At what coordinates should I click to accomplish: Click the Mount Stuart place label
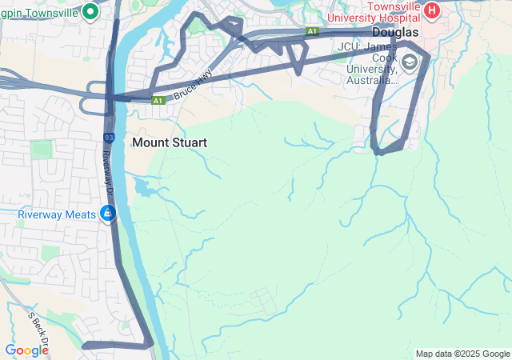170,142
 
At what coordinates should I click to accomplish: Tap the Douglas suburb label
395,32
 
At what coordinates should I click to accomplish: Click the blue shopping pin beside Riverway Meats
107,214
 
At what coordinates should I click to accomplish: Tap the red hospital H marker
432,10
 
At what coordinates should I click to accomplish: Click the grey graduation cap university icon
410,62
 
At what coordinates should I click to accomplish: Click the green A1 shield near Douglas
312,31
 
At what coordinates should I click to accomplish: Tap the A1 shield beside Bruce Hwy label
158,100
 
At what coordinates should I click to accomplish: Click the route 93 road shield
109,138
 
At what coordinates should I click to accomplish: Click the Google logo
26,350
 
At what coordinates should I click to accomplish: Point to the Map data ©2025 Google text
462,354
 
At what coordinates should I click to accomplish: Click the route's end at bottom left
84,346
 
